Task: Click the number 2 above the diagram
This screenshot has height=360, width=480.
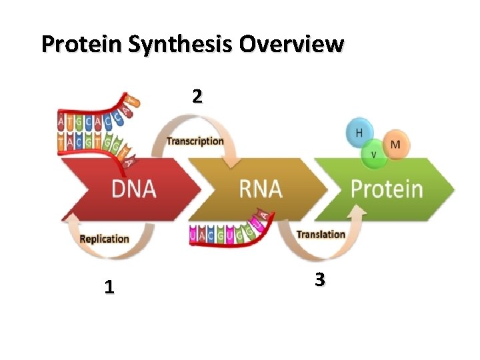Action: coord(196,97)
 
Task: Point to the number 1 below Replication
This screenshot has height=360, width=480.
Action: coord(109,287)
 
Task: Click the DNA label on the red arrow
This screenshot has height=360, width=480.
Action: coord(133,189)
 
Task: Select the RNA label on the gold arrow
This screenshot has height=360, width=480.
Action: coord(261,189)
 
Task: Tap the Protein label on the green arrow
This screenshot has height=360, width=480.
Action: coord(387,189)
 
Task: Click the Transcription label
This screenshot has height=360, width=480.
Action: coord(195,141)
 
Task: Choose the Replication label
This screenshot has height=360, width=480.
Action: coord(104,239)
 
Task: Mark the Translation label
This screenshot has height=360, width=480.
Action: coord(321,234)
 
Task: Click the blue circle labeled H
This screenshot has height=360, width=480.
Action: coord(359,133)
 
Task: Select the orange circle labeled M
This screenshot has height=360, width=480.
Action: coord(395,144)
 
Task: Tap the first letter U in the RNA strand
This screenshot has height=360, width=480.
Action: coord(193,234)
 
